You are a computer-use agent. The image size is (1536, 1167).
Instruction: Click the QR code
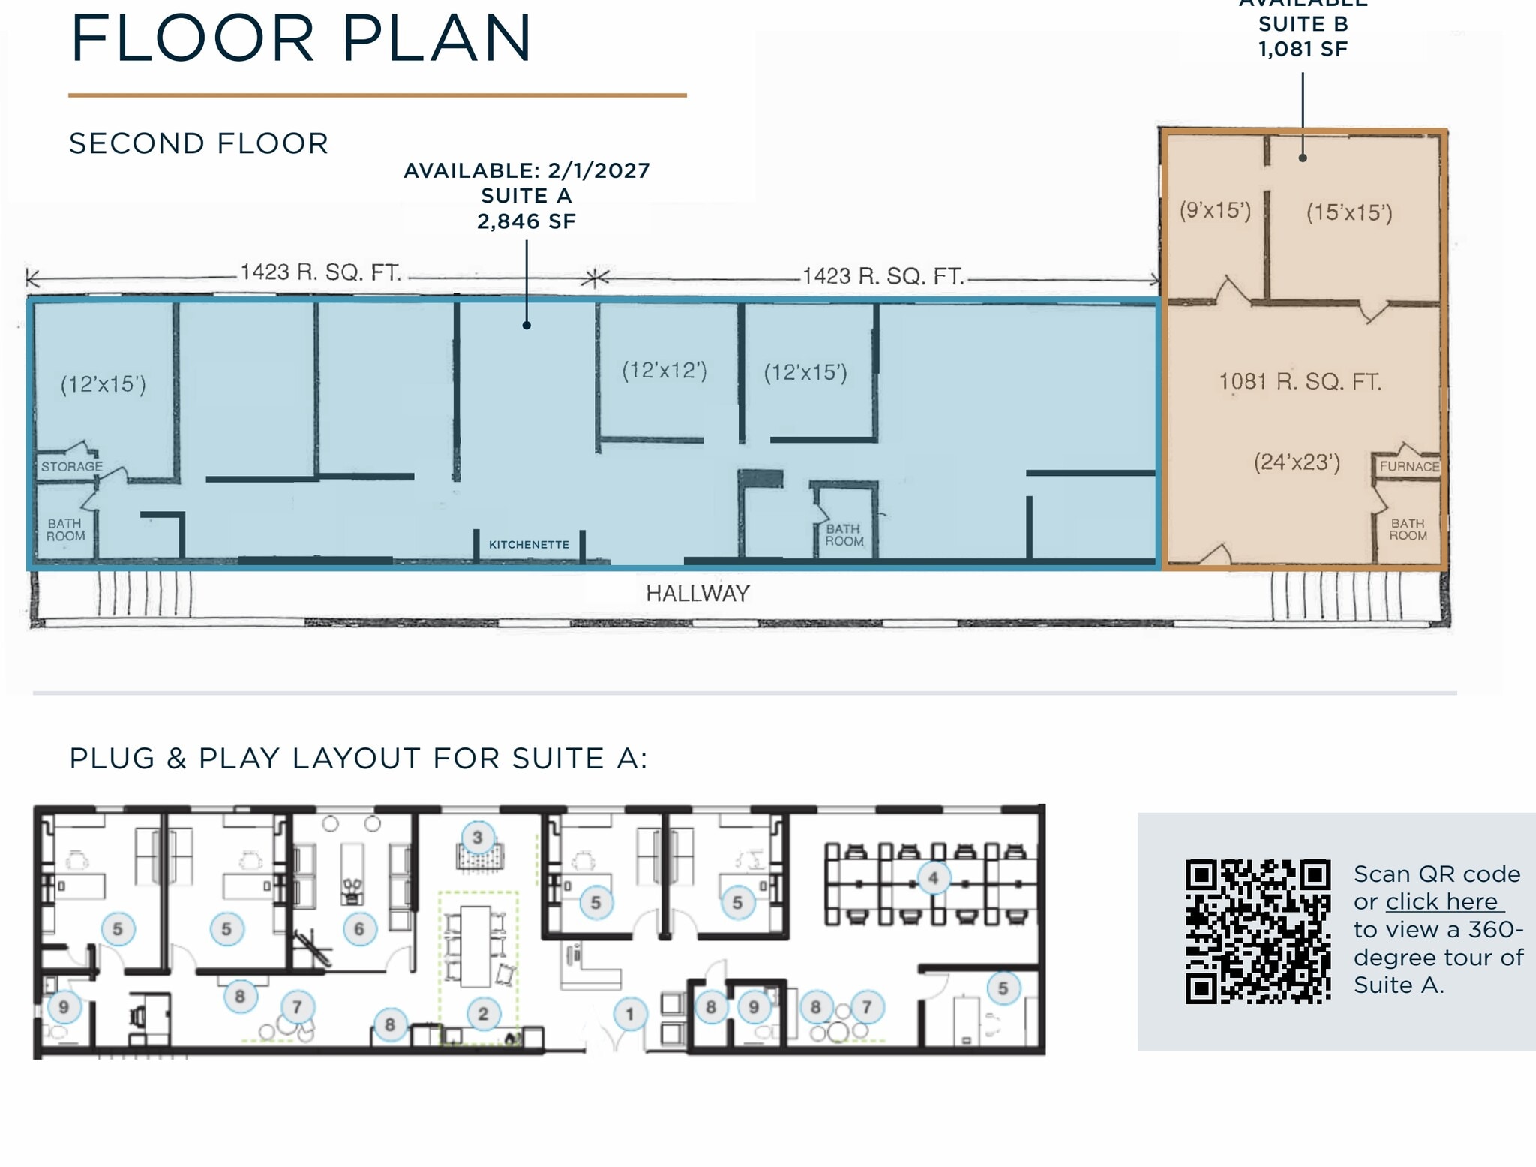[1258, 931]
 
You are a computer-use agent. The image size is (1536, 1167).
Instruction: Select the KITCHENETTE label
[529, 545]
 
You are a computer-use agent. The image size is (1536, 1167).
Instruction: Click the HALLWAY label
[697, 594]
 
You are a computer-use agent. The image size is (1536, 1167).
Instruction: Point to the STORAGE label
[71, 467]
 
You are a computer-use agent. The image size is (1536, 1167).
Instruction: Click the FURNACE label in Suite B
[1409, 466]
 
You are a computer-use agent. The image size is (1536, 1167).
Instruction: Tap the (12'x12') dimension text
[664, 371]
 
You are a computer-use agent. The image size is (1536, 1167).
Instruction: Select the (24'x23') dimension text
[1297, 462]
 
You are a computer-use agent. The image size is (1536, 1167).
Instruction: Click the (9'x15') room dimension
[1215, 210]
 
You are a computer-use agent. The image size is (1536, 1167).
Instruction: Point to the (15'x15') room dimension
[1349, 212]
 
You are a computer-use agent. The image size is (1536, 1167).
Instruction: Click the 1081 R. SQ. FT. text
[1300, 382]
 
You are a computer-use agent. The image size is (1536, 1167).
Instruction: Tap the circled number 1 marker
[629, 1015]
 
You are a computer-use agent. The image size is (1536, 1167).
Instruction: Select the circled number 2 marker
[483, 1014]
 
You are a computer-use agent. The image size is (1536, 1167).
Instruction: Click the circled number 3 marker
[477, 838]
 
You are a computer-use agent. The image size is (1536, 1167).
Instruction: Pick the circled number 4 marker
[933, 877]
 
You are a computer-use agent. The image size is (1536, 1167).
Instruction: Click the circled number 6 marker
[359, 929]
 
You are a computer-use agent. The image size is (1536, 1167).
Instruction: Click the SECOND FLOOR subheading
[199, 143]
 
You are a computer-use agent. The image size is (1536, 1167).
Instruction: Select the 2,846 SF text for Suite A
[526, 221]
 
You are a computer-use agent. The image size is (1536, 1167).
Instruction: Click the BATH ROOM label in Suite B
[1408, 529]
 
